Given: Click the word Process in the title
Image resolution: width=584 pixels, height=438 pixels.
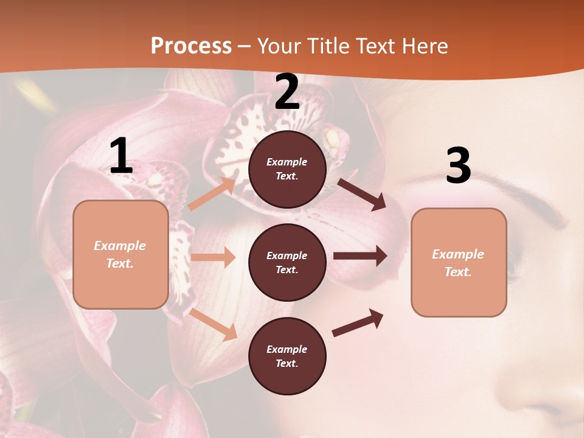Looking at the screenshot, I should tap(191, 46).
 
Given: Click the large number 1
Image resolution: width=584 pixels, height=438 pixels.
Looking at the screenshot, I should tap(121, 156).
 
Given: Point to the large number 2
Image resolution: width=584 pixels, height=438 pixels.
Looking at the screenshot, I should tap(287, 92).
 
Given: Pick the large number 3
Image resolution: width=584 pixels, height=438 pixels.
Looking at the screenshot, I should tap(458, 165).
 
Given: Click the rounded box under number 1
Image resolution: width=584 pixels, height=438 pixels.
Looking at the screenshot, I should tap(120, 254).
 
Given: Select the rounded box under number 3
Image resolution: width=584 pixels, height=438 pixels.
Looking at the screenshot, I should tap(459, 263).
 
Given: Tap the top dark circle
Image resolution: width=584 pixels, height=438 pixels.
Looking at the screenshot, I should tap(287, 169).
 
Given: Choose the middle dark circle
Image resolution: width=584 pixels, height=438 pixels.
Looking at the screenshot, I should tap(287, 263).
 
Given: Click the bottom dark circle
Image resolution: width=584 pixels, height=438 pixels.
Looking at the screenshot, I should tap(287, 356).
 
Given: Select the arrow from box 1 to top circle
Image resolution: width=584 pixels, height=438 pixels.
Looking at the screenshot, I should tap(212, 193).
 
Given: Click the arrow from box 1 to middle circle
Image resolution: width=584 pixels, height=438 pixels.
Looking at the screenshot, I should tap(213, 257).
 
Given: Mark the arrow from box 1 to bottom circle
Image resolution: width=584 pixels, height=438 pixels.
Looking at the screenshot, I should tap(214, 324).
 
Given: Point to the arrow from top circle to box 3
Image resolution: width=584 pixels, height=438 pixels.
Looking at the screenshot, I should tap(362, 194).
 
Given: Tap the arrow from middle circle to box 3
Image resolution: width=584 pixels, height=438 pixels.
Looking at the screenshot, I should tap(360, 256).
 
